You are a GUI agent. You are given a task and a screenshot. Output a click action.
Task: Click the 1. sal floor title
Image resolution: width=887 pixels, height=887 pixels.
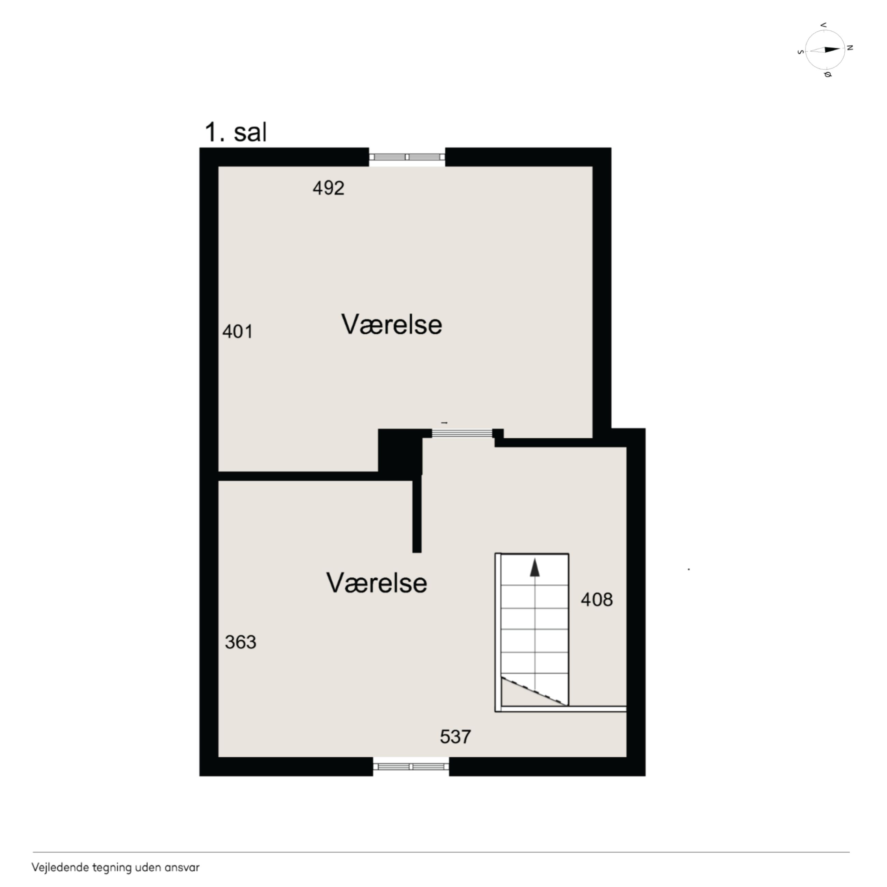(235, 132)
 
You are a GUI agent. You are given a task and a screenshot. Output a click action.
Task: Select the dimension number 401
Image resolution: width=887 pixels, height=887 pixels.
(237, 332)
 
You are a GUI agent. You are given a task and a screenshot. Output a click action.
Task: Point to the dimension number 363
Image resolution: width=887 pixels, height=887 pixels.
(241, 642)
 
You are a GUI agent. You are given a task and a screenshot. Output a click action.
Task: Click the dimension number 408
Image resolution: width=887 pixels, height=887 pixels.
(596, 600)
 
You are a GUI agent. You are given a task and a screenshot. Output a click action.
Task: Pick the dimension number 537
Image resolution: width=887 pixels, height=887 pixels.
(455, 737)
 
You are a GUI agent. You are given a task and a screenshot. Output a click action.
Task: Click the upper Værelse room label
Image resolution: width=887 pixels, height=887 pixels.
(392, 324)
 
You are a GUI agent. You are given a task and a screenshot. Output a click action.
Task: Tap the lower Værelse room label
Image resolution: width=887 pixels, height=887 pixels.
(377, 583)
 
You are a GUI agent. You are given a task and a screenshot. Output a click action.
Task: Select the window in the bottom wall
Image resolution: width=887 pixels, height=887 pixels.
(411, 767)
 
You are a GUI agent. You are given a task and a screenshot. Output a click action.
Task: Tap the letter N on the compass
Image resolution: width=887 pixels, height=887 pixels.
(850, 48)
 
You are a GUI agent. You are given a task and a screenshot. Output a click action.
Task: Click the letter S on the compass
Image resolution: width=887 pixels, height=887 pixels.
(801, 52)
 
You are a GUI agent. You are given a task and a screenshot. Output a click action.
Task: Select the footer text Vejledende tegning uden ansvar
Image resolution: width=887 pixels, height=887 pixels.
(115, 868)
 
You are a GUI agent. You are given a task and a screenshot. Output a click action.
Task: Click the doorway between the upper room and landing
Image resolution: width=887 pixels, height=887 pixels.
(462, 433)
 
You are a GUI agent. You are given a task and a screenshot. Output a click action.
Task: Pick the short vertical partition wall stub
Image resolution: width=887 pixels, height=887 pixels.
(417, 515)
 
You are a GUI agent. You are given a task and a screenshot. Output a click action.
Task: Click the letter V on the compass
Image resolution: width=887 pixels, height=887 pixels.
(823, 25)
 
